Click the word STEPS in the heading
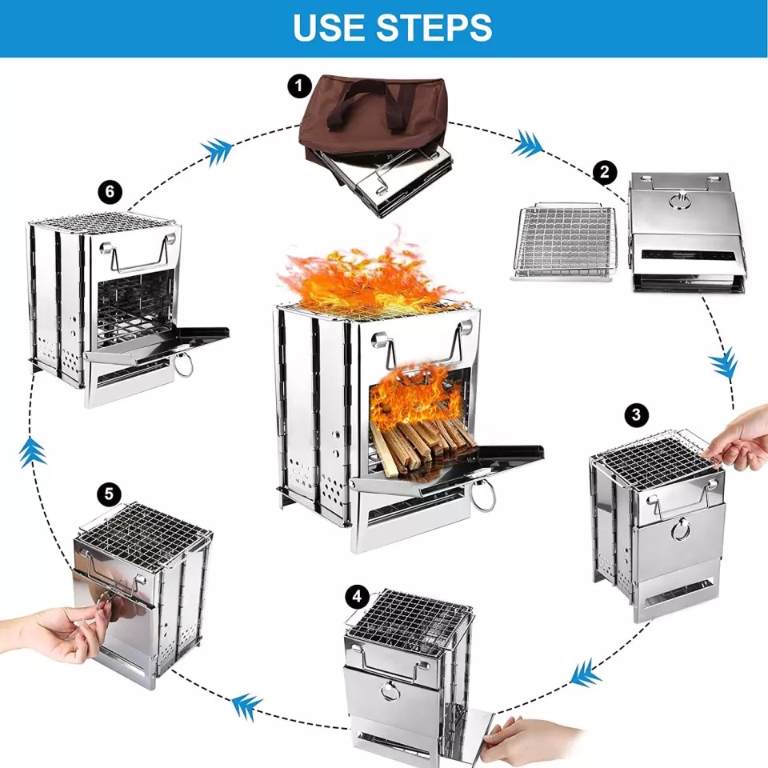434,27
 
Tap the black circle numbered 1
300,86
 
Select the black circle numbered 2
605,172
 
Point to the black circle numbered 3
636,415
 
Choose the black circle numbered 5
109,494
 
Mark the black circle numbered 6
110,191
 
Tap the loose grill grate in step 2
563,242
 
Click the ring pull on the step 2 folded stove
680,201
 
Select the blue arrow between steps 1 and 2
527,145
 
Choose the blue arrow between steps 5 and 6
33,451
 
